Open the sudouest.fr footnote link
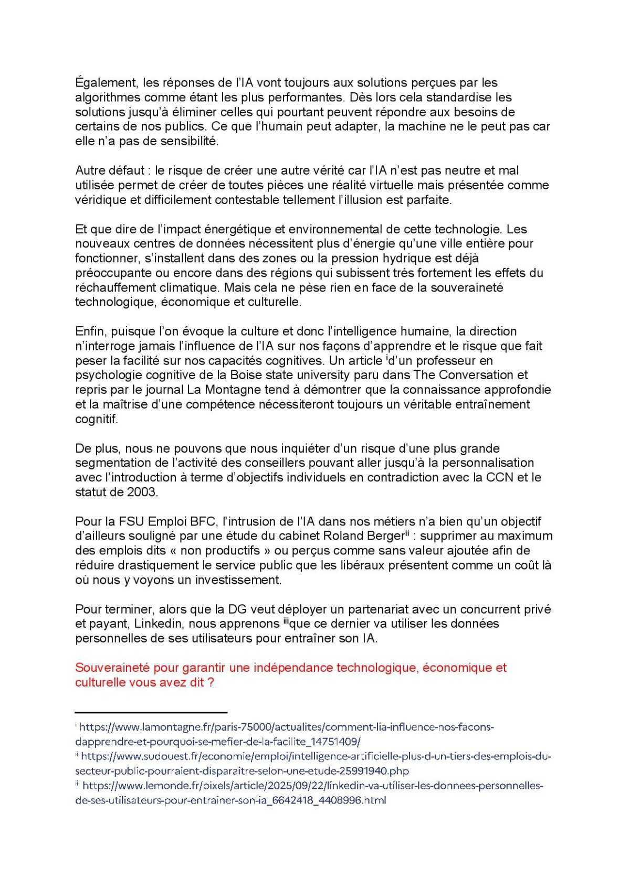tap(315, 758)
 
